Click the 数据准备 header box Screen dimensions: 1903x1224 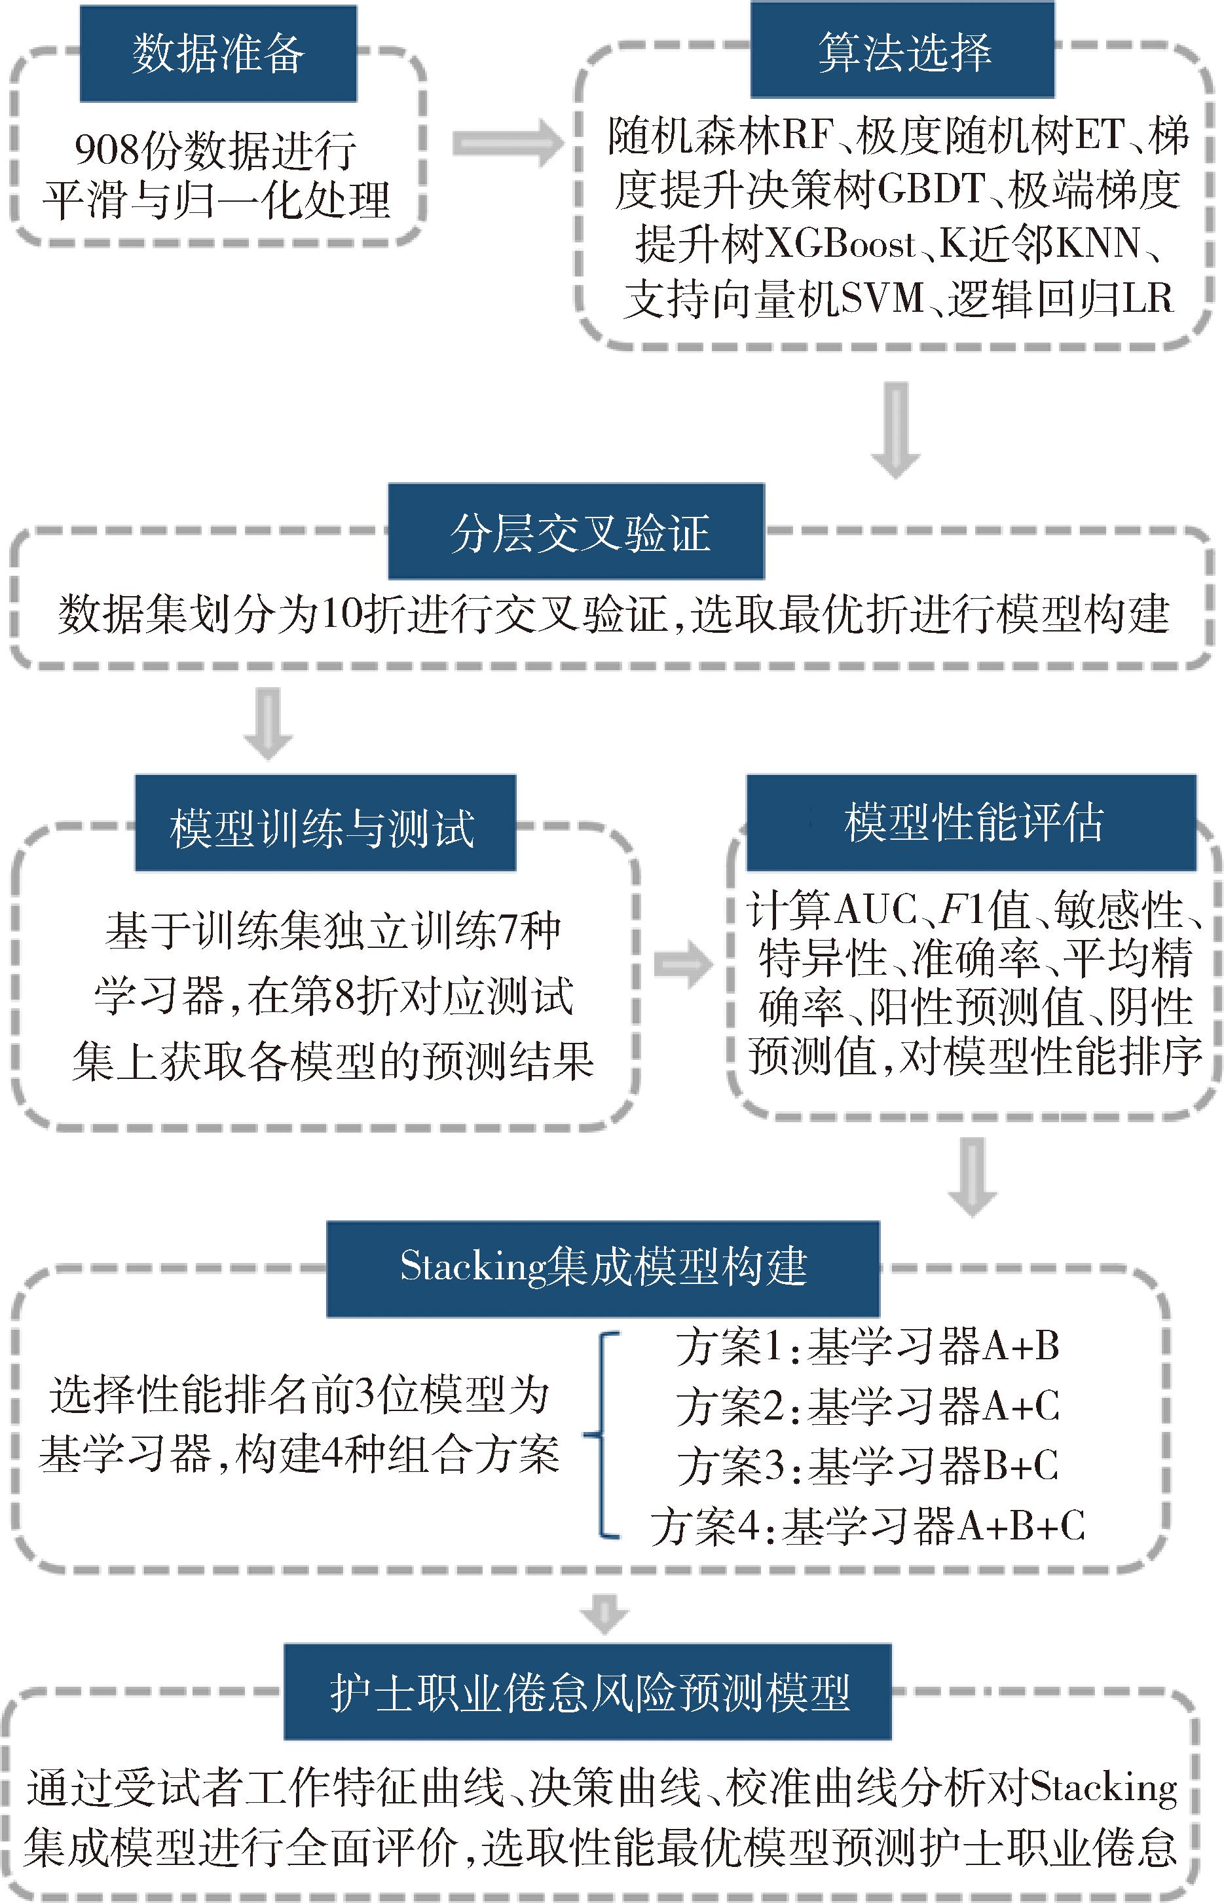[x=218, y=54]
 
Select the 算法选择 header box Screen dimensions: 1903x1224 [x=902, y=51]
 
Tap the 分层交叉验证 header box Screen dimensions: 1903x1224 [x=576, y=531]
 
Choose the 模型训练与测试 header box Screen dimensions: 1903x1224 [x=325, y=823]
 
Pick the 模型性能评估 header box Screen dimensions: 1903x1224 [x=971, y=822]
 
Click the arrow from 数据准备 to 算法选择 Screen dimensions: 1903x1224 [x=506, y=143]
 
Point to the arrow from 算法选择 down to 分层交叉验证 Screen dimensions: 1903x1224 [x=896, y=430]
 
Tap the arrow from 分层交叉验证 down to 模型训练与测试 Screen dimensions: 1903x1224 [x=268, y=723]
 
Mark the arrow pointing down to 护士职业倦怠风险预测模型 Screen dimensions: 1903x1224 [x=604, y=1613]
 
